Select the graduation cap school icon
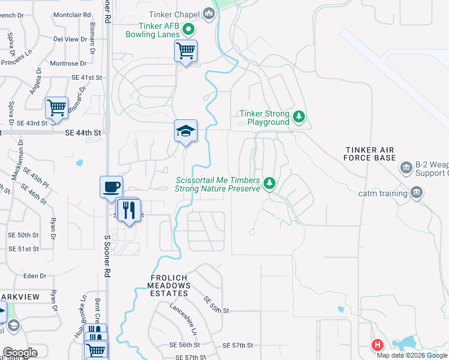186,131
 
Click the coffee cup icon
111,187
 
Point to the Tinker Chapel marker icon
209,13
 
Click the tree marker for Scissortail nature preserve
270,182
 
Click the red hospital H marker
378,345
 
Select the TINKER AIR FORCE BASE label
370,154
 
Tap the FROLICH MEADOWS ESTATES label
170,286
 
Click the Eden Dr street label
34,276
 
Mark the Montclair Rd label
72,14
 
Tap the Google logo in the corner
20,353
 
